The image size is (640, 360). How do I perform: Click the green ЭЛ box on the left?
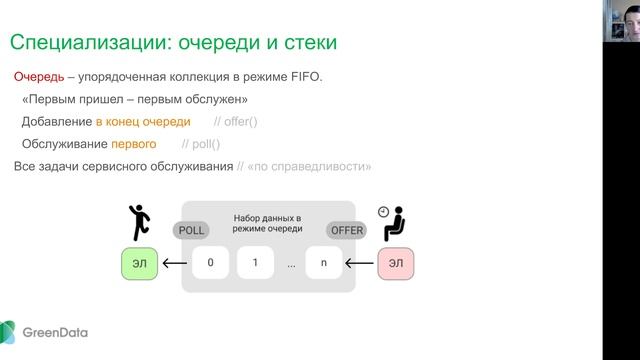pos(137,265)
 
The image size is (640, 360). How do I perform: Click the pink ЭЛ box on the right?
pos(395,265)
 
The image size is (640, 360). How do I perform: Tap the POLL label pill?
pos(191,230)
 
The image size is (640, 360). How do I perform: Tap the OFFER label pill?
pos(347,230)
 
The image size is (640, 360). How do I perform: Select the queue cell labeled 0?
pos(211,265)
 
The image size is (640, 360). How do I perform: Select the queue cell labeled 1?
pos(256,265)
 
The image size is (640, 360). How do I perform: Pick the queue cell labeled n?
pos(324,265)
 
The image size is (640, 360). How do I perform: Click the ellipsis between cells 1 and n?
pos(290,266)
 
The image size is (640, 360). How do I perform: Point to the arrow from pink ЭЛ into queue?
pos(359,265)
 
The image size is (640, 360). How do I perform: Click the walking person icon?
pos(137,222)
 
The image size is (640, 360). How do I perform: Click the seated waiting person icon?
pos(393,223)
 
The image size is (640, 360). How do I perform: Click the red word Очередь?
pos(38,77)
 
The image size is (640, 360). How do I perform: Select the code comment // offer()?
pos(236,121)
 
